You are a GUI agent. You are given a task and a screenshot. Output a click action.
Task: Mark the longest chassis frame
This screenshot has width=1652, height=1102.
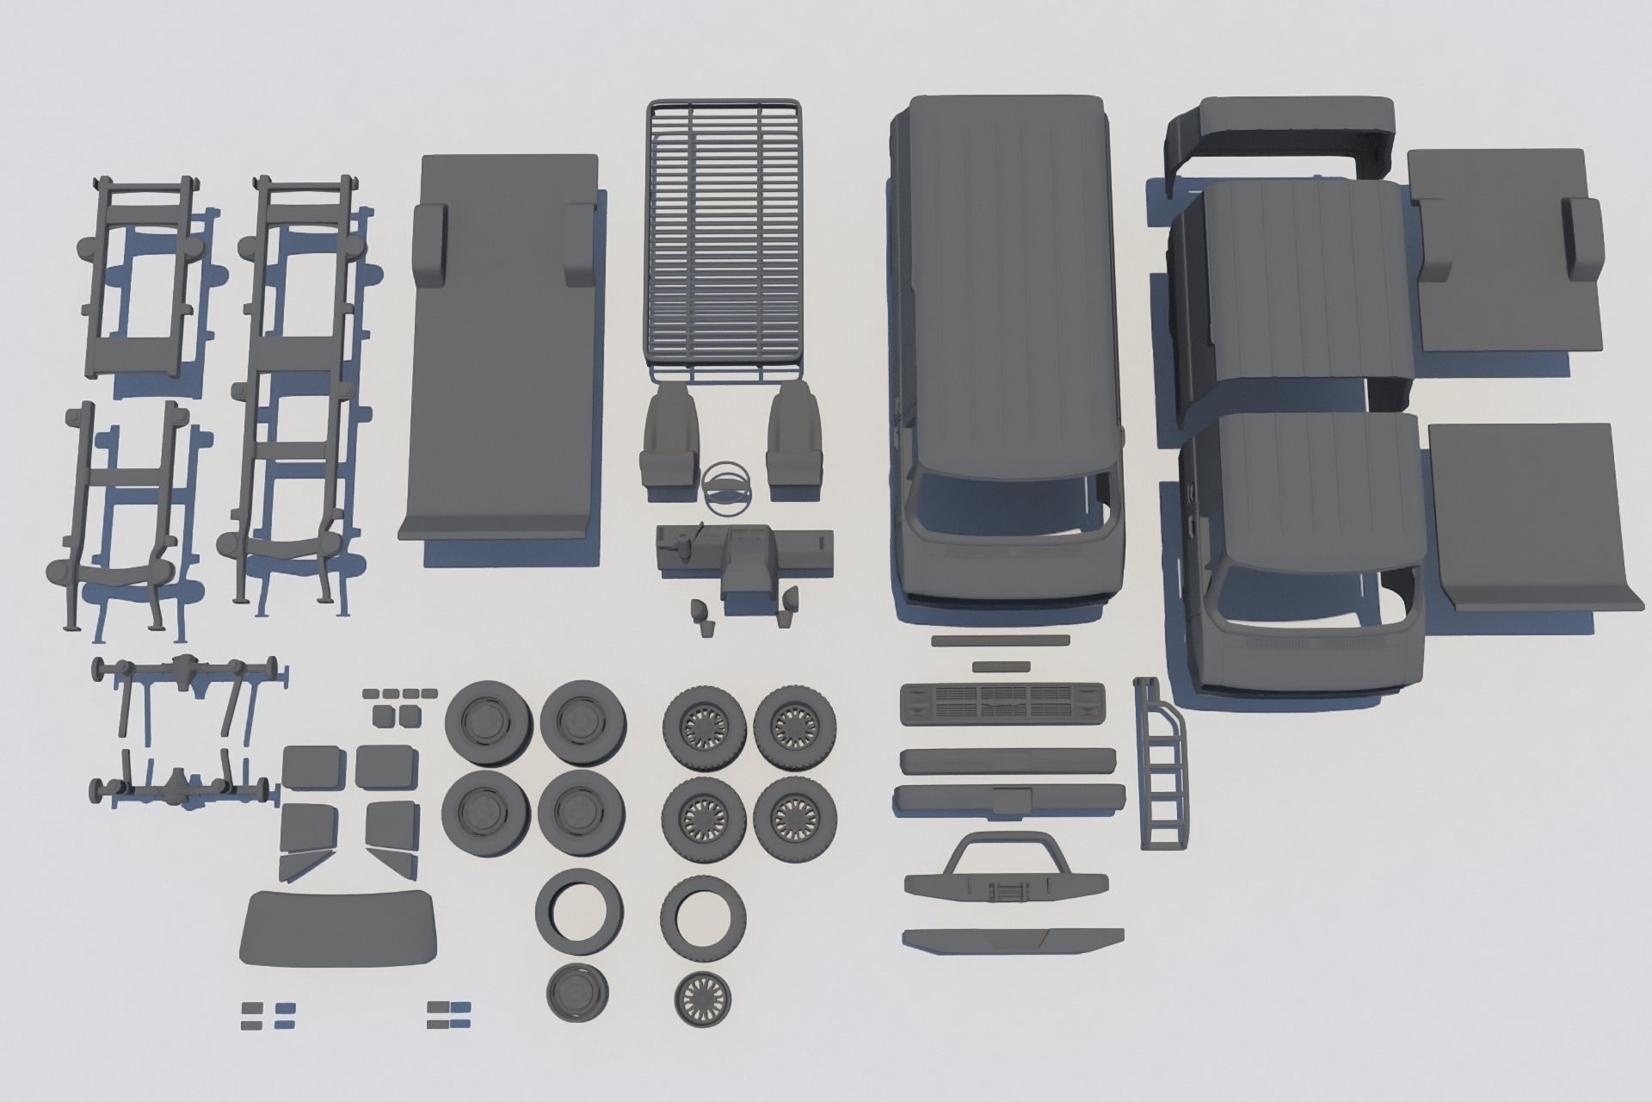pos(297,387)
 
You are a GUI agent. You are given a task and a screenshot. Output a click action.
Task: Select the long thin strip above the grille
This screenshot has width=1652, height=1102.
pos(1001,641)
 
